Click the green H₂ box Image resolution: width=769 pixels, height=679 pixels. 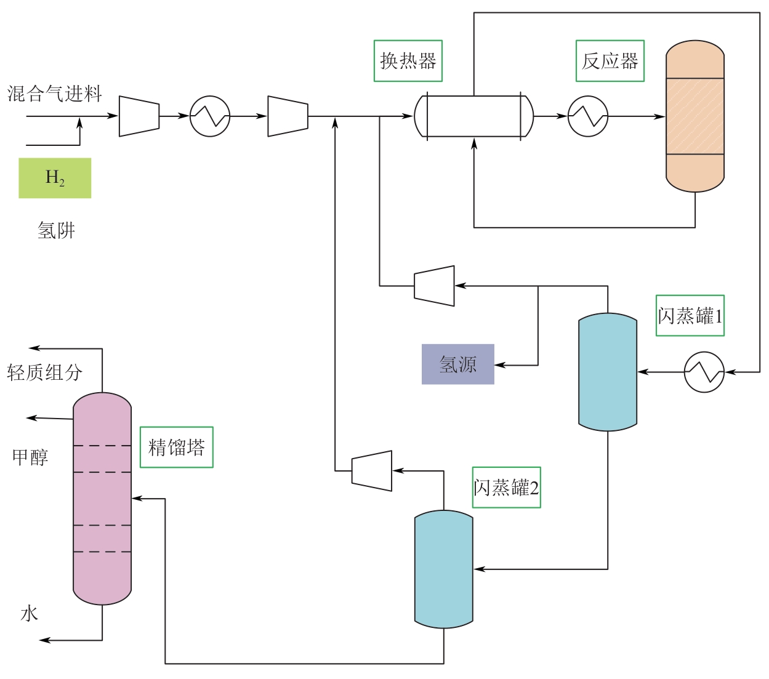pos(55,178)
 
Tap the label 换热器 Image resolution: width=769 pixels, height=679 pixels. pos(408,61)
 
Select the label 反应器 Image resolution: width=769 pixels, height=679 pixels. pos(610,61)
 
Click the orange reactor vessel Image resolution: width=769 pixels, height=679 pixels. pos(695,116)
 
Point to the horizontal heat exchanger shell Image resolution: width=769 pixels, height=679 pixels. pos(473,116)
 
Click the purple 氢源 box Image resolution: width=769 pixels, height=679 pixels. pos(457,364)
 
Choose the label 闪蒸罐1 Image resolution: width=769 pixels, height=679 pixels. pos(690,316)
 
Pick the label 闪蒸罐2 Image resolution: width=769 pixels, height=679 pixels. pos(506,488)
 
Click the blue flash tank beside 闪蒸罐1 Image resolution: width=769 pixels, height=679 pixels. pos(607,371)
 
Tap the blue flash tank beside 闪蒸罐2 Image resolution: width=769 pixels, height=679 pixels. pos(443,569)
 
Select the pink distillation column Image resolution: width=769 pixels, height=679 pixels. pos(102,499)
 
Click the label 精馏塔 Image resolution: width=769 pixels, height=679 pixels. pos(176,447)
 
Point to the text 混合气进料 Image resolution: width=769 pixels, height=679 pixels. pos(54,94)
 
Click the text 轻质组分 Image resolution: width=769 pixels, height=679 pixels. pos(44,372)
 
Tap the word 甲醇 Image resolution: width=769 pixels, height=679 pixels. pos(30,457)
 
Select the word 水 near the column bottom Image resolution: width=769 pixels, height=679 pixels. pos(29,613)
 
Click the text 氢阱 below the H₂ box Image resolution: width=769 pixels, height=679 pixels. pos(56,230)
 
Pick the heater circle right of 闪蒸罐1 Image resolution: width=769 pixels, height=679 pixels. pos(704,372)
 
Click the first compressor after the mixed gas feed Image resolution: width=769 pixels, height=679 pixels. pos(139,116)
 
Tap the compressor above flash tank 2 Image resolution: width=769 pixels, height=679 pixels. pos(372,471)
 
